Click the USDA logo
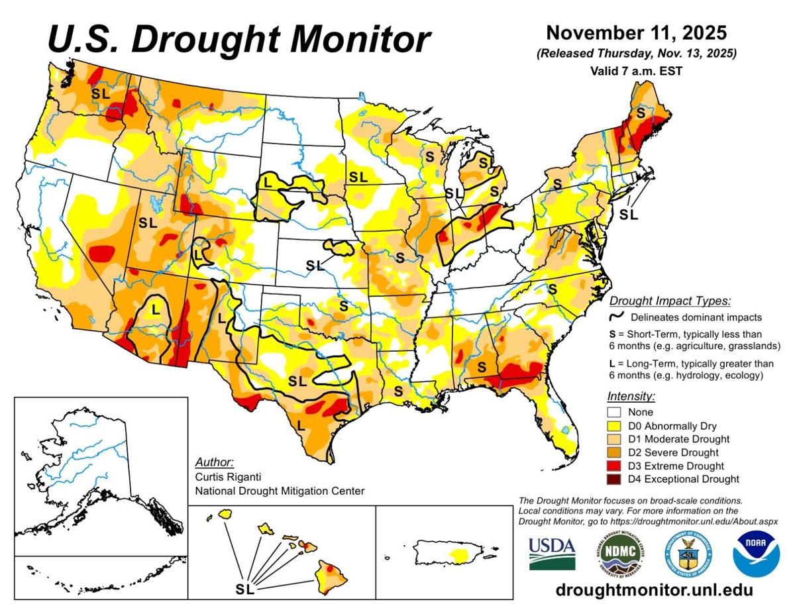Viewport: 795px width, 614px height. [552, 554]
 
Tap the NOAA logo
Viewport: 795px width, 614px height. [755, 554]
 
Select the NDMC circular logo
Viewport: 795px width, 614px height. [621, 554]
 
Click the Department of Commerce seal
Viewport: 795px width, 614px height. [688, 554]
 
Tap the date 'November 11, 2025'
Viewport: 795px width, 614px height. [636, 32]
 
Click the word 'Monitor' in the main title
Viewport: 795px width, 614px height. [349, 40]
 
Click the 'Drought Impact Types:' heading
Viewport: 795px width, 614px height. [670, 301]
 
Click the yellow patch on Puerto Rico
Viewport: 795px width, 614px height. [456, 551]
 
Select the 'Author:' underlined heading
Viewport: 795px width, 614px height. [215, 462]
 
